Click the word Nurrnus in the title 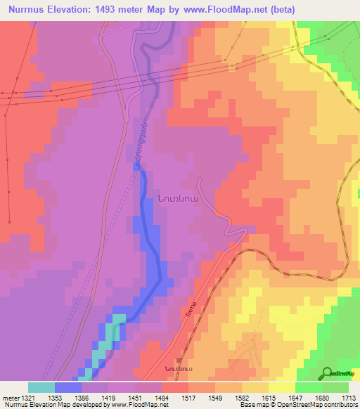point(29,9)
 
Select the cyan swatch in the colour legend point(41,387)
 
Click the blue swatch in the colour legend point(68,387)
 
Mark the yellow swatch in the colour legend point(281,387)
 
